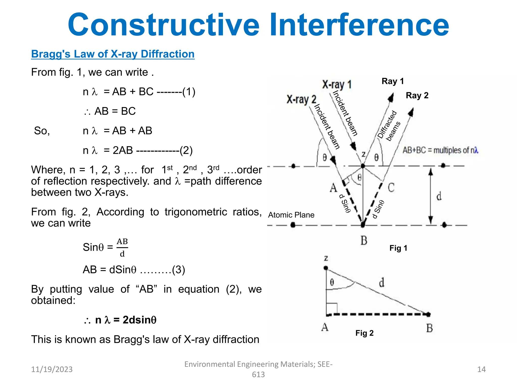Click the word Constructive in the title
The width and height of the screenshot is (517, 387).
point(164,25)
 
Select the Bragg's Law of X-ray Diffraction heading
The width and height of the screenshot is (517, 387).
point(113,54)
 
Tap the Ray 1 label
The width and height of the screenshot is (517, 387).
point(393,81)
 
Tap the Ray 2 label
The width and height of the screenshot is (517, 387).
point(417,95)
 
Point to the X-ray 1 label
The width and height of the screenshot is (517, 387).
point(337,85)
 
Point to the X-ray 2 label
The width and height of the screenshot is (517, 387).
point(301,99)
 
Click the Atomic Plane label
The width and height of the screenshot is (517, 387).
point(291,215)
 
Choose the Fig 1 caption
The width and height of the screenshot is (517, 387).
point(398,248)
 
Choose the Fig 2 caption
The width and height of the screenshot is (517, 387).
point(364,333)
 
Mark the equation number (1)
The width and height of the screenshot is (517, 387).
point(189,92)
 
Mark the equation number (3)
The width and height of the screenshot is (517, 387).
point(178,270)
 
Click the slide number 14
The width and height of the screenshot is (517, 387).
point(481,369)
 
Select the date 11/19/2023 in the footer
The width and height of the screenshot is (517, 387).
point(52,369)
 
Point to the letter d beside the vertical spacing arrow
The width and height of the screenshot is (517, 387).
point(439,196)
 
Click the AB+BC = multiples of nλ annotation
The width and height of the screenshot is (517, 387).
point(440,150)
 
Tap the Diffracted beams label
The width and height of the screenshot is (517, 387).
point(389,126)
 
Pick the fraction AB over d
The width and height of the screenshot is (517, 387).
point(122,248)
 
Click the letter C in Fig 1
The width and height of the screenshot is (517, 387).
point(391,188)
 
